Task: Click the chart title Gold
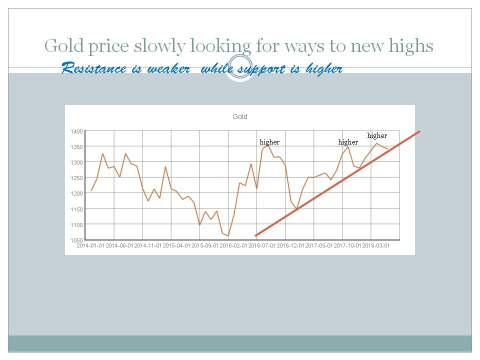tap(239, 116)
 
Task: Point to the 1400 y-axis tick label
tap(76, 131)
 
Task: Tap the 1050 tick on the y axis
tap(76, 240)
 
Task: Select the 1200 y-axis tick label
tap(76, 193)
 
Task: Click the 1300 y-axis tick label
tap(76, 162)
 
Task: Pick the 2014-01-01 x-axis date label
tap(90, 246)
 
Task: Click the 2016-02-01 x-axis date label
tap(233, 246)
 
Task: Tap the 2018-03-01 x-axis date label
tap(376, 246)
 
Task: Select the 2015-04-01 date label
tap(176, 246)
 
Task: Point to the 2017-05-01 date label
tap(319, 246)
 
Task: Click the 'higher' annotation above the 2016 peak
tap(269, 142)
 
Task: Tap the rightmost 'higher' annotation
tap(377, 135)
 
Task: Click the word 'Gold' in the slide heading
tap(64, 45)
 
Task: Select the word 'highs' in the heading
tap(411, 46)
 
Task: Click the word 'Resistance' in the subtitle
tap(94, 68)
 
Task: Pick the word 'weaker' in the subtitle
tap(168, 68)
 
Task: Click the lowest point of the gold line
tap(228, 236)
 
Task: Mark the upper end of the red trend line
tap(419, 131)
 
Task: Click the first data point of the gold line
tap(91, 190)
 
